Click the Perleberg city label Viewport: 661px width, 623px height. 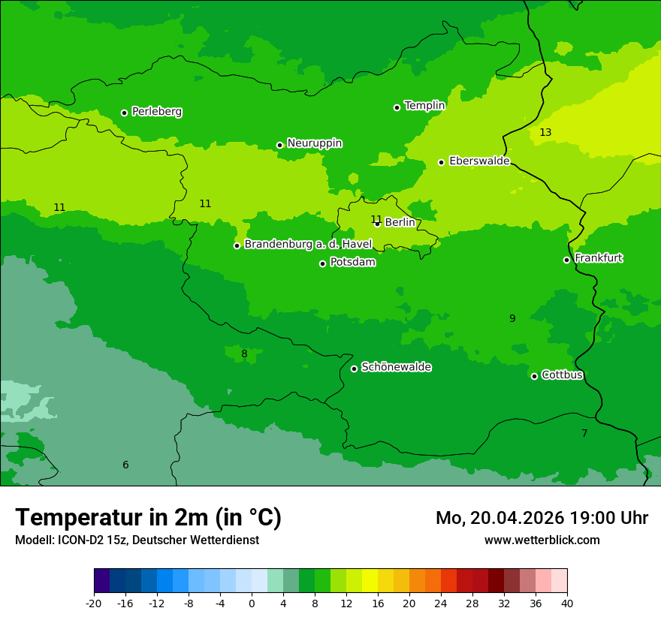click(x=156, y=112)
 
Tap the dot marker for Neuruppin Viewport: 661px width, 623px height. click(x=279, y=145)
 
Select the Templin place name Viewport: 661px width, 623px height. click(x=424, y=106)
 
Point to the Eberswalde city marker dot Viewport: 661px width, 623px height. click(x=442, y=162)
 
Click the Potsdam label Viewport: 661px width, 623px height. click(x=352, y=263)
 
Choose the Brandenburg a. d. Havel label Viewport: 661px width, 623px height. click(x=308, y=245)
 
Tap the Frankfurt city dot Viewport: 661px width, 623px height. click(x=566, y=260)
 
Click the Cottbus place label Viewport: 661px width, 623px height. click(x=562, y=375)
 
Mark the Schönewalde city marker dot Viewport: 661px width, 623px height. click(x=354, y=369)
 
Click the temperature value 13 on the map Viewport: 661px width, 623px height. click(x=545, y=133)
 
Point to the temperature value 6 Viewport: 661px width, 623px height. click(x=125, y=465)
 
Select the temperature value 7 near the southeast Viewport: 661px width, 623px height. click(x=584, y=434)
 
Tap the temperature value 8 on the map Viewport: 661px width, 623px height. click(x=244, y=354)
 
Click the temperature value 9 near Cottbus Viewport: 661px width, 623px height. click(x=512, y=319)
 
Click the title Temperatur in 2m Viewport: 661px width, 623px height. click(x=148, y=518)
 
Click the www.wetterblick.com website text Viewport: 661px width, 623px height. click(x=542, y=540)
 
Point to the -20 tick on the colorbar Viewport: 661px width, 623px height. click(x=94, y=603)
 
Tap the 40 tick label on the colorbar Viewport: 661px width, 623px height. click(x=567, y=603)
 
